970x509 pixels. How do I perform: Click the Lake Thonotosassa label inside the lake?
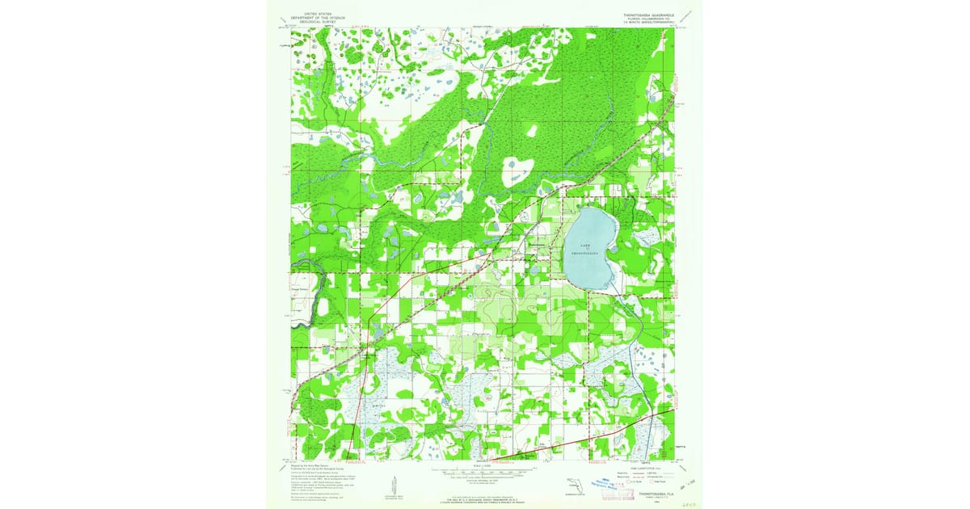click(x=590, y=248)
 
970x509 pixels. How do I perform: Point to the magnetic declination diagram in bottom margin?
click(x=394, y=483)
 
